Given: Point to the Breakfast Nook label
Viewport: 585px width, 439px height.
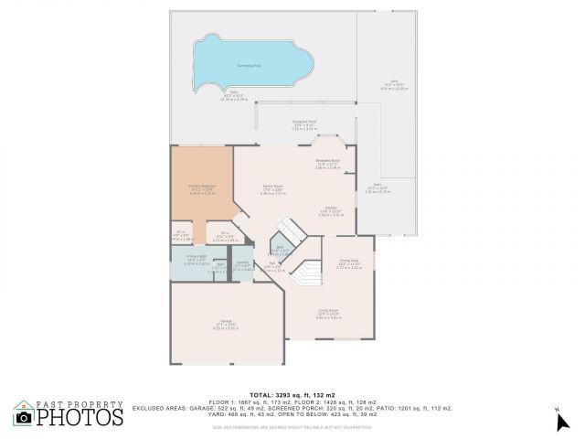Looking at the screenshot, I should coord(327,161).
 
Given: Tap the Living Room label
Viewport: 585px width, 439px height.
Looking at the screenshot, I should coord(329,310).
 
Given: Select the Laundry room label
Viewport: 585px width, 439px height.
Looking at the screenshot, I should coord(242,264).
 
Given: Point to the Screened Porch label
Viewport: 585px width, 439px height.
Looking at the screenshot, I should coord(303,122).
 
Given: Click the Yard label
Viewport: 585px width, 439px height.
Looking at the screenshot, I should coord(393,81).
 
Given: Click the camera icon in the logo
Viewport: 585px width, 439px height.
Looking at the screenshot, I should coord(25,418).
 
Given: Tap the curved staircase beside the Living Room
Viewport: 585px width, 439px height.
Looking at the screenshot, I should coord(308,274).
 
